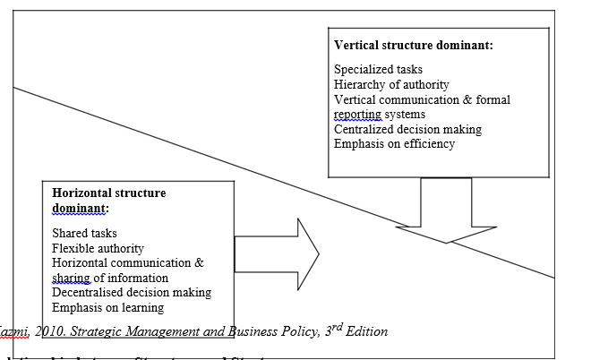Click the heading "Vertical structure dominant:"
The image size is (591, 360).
[x=413, y=45]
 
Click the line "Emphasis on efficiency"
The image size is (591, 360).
[x=394, y=143]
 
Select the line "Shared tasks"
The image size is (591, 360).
[x=84, y=234]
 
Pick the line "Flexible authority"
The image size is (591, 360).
[x=98, y=248]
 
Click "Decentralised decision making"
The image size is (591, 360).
[x=132, y=293]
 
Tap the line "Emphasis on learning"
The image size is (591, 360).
[x=107, y=307]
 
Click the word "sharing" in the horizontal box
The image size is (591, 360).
[x=73, y=278]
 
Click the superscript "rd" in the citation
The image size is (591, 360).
[x=335, y=327]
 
